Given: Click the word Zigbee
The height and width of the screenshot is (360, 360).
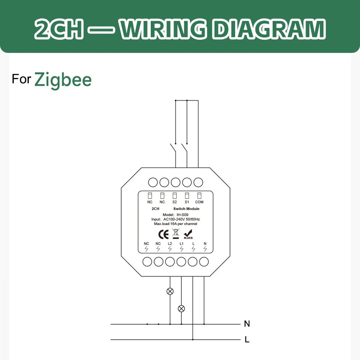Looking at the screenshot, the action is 63,80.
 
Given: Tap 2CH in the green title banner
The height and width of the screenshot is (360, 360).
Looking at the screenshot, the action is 59,29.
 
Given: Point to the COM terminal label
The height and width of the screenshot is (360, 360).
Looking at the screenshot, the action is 199,202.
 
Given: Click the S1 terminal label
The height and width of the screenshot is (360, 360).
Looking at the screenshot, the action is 187,202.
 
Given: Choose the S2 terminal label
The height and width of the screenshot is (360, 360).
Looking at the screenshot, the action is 174,202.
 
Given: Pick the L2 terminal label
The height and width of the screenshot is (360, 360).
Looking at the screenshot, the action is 170,243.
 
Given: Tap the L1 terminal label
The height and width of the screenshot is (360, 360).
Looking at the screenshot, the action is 182,243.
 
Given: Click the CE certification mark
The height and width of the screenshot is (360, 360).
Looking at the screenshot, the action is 164,234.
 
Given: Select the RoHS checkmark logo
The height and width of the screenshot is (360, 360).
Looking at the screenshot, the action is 188,234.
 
